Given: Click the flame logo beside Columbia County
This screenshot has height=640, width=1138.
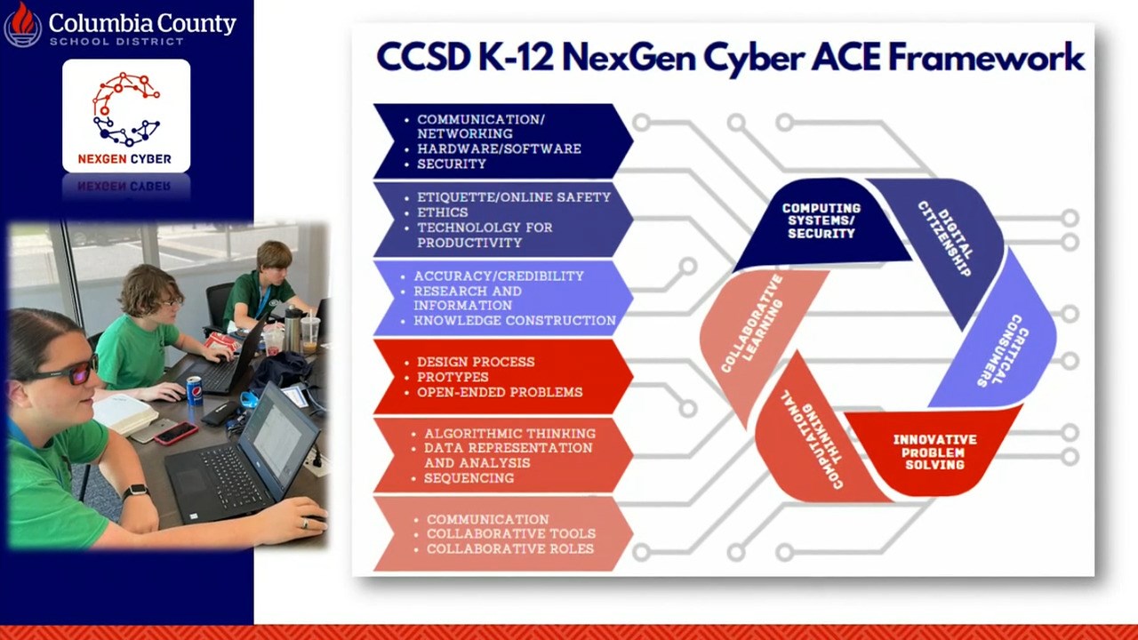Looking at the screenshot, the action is tap(23, 24).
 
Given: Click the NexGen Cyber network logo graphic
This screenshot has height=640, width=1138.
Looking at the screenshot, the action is tap(126, 109).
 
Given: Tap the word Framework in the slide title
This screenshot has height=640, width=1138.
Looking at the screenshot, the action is tap(986, 57).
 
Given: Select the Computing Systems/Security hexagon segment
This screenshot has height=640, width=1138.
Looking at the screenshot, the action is tap(822, 223).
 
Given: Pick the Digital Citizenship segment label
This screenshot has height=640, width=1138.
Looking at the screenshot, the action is tap(947, 238).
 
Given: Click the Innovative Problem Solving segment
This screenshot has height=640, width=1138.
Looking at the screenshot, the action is tap(934, 452).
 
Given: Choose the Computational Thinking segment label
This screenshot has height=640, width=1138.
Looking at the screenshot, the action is tap(812, 440).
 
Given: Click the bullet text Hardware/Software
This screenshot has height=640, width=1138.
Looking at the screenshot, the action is tap(499, 148).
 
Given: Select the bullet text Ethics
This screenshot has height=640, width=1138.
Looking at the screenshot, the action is tap(443, 212).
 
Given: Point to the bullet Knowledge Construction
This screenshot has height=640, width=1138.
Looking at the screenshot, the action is tap(515, 321).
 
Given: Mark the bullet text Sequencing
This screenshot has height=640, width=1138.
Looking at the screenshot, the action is tap(469, 478).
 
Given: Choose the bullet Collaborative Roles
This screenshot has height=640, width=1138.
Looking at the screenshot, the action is tap(510, 548).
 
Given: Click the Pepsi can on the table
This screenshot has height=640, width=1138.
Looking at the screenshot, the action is tap(195, 390).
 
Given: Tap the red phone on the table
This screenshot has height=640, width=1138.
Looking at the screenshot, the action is tap(176, 433).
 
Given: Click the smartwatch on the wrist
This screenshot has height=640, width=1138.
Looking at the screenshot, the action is tap(135, 492).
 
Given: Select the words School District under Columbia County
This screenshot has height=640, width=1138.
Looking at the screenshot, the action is tap(116, 41).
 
